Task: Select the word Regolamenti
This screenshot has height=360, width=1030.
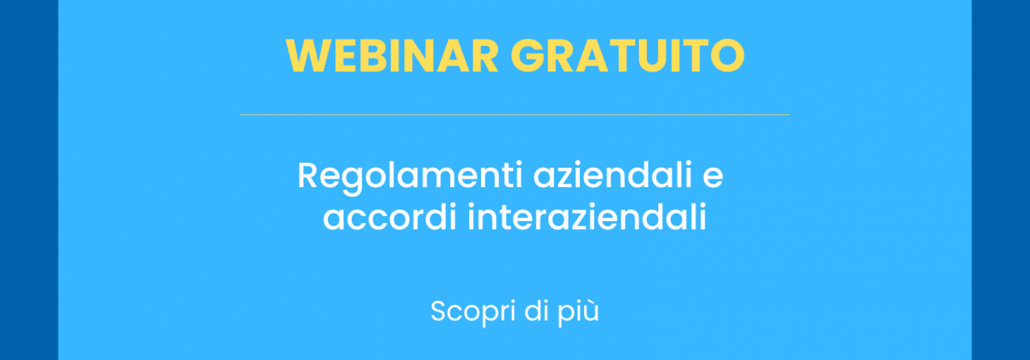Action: (x=409, y=177)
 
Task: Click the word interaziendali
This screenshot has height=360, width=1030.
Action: (x=587, y=217)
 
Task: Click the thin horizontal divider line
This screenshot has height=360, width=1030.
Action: (x=514, y=114)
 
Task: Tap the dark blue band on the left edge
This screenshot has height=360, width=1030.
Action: (x=28, y=180)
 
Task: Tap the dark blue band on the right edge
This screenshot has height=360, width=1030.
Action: (x=1000, y=180)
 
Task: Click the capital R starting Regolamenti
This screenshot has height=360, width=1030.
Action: (x=308, y=177)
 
